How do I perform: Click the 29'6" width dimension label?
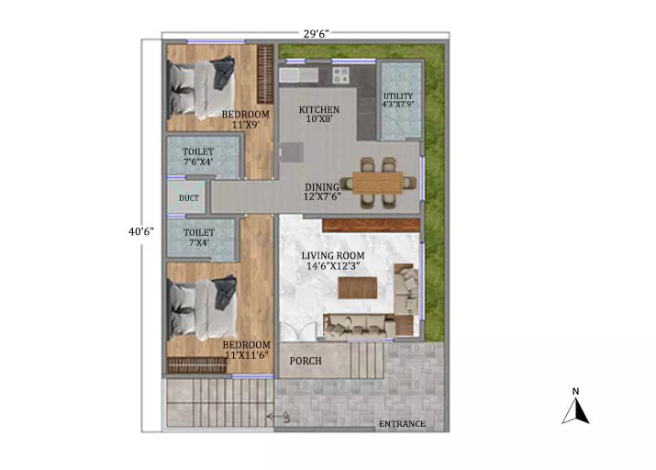coord(317,34)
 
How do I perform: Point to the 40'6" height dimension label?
coord(141,231)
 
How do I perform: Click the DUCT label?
coord(189,198)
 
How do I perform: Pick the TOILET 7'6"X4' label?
coord(198,157)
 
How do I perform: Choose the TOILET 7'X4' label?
coord(199,238)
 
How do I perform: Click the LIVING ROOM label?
coord(333,261)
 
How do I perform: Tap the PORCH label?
coord(306,361)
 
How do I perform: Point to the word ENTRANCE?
coord(402,424)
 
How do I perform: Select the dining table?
coord(378,183)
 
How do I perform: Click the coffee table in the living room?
coord(357,288)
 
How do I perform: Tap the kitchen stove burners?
coord(340,75)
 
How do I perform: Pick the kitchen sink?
coord(299,75)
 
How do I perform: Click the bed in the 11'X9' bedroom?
coord(201,88)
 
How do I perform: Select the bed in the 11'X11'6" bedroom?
coord(202,308)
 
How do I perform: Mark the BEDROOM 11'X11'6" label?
coord(247,350)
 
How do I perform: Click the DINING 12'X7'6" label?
coord(322,192)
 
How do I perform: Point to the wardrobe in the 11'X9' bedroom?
coord(265,74)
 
